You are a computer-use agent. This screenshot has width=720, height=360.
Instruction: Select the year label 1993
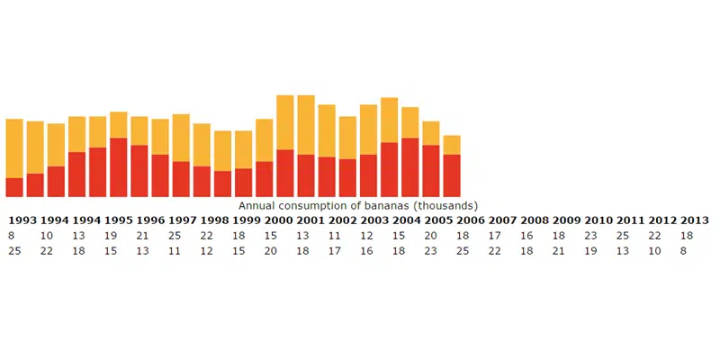[x=22, y=220]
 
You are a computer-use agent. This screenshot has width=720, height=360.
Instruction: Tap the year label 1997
[x=182, y=220]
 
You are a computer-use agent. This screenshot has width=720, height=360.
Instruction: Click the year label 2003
[x=373, y=220]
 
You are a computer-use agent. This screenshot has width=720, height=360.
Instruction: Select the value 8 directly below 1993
[x=11, y=236]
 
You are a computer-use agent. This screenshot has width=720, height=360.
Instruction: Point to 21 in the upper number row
[x=142, y=236]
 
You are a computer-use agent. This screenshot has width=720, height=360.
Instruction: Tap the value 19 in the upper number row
[x=110, y=236]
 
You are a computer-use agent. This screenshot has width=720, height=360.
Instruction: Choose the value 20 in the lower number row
[x=270, y=251]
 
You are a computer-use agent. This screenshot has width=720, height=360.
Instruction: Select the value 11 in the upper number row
[x=334, y=236]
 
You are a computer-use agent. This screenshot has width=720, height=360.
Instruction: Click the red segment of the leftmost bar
[x=14, y=187]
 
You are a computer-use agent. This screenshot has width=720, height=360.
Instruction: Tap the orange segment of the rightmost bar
[x=452, y=145]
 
